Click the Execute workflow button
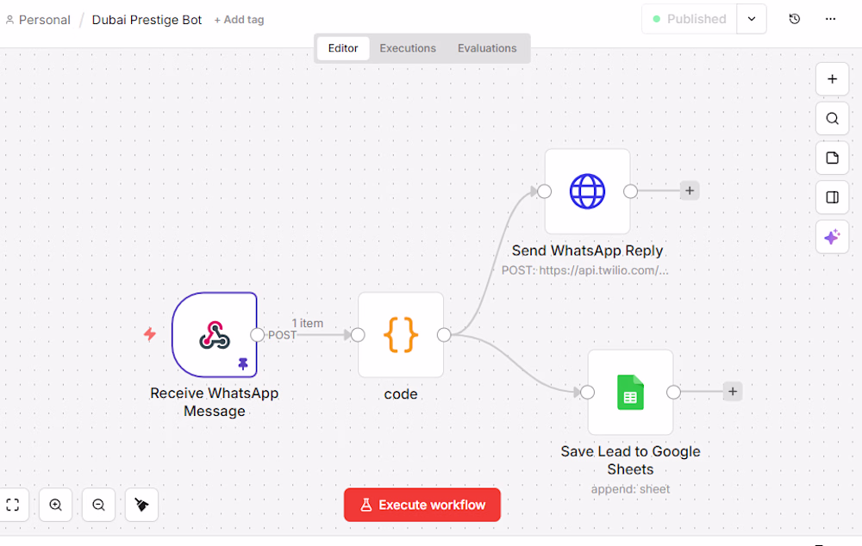[422, 505]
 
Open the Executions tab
[408, 48]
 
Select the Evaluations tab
[487, 48]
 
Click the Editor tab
[343, 48]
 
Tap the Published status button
[689, 19]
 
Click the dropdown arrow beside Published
[752, 19]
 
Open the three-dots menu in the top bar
[830, 19]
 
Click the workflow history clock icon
[795, 19]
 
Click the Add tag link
[239, 20]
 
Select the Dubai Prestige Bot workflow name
[147, 20]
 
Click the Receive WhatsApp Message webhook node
[214, 335]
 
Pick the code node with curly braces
[401, 335]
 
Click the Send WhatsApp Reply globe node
[587, 191]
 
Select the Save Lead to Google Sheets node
[630, 392]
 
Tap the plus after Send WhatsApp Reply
[690, 191]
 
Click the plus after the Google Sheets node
[733, 392]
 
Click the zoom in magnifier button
[56, 505]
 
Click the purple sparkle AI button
[832, 237]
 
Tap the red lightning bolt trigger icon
[150, 334]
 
